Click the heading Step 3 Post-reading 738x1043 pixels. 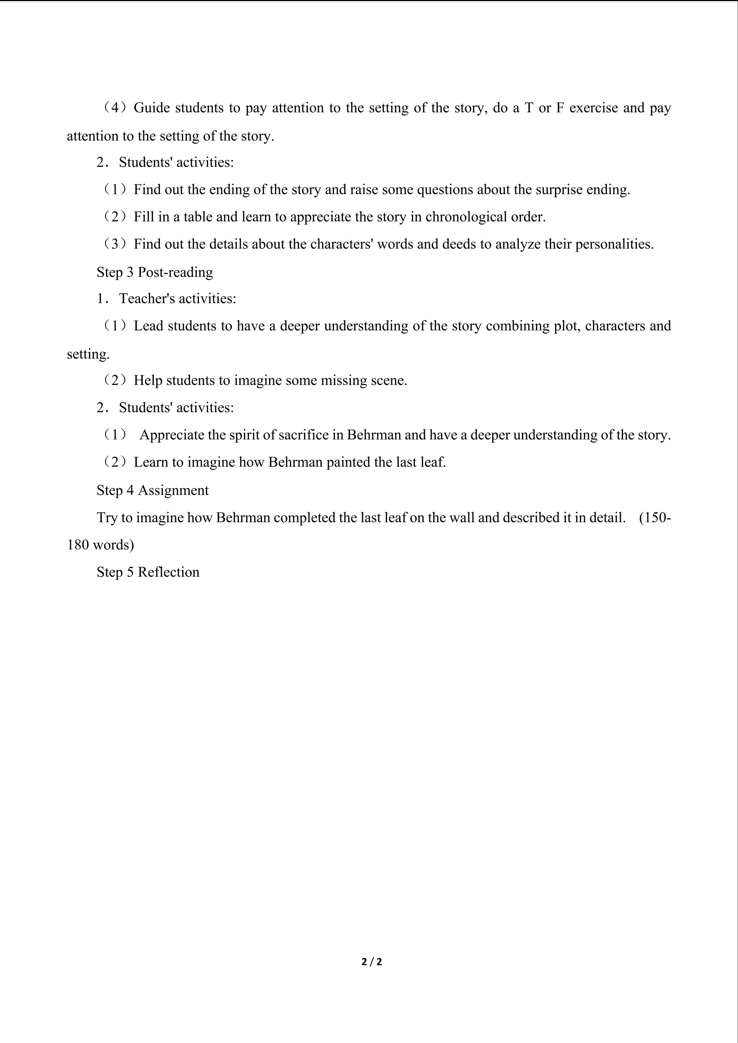[x=154, y=272]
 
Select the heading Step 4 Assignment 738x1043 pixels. [x=153, y=490]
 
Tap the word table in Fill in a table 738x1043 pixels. [x=198, y=217]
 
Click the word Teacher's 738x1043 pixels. [x=147, y=298]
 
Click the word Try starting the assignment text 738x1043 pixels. [x=107, y=517]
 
